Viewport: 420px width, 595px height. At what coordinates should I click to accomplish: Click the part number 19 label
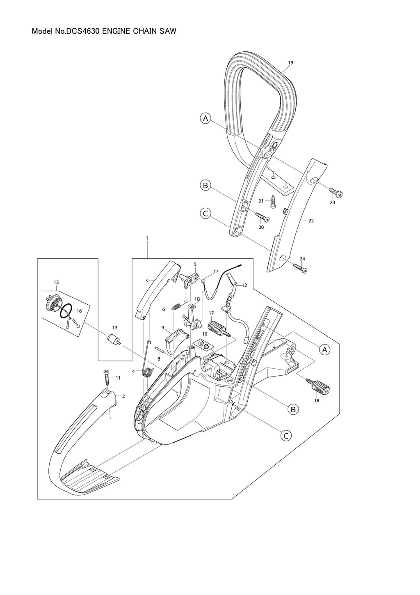pos(290,63)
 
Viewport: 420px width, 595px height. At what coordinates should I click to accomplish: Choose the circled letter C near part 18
pos(285,436)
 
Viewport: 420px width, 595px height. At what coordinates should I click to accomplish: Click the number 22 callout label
pos(311,221)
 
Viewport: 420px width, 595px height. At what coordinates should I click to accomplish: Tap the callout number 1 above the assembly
pos(146,238)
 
